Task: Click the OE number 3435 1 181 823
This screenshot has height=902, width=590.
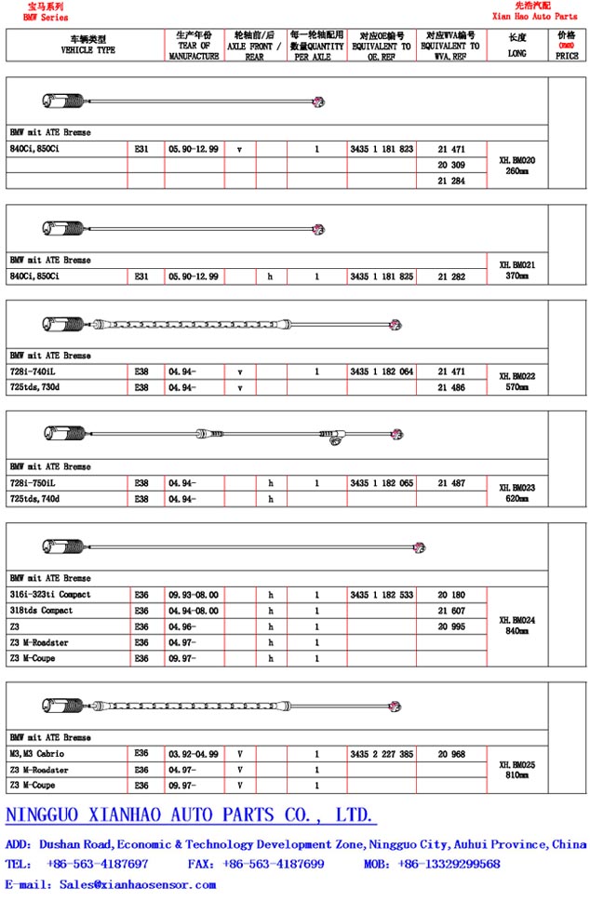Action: click(382, 149)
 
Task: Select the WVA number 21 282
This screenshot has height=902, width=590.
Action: click(450, 276)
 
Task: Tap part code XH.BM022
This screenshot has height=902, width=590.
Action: click(516, 377)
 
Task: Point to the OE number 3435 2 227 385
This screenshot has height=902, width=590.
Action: click(382, 754)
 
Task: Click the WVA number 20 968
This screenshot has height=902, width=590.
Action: click(450, 754)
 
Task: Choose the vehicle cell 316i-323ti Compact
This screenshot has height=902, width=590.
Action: click(50, 594)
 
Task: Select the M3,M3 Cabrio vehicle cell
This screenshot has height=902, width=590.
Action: click(37, 754)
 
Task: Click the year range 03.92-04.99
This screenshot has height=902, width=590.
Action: click(194, 754)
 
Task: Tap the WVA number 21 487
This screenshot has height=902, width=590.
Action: click(450, 483)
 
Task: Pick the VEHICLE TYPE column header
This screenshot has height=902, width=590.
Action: click(87, 46)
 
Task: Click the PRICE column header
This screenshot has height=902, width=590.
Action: click(567, 46)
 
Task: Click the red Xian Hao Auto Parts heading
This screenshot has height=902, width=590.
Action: click(534, 17)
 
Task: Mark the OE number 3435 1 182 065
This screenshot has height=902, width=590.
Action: click(382, 483)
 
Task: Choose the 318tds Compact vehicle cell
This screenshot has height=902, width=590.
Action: click(41, 611)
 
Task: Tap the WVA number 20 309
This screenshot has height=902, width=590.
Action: click(450, 165)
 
